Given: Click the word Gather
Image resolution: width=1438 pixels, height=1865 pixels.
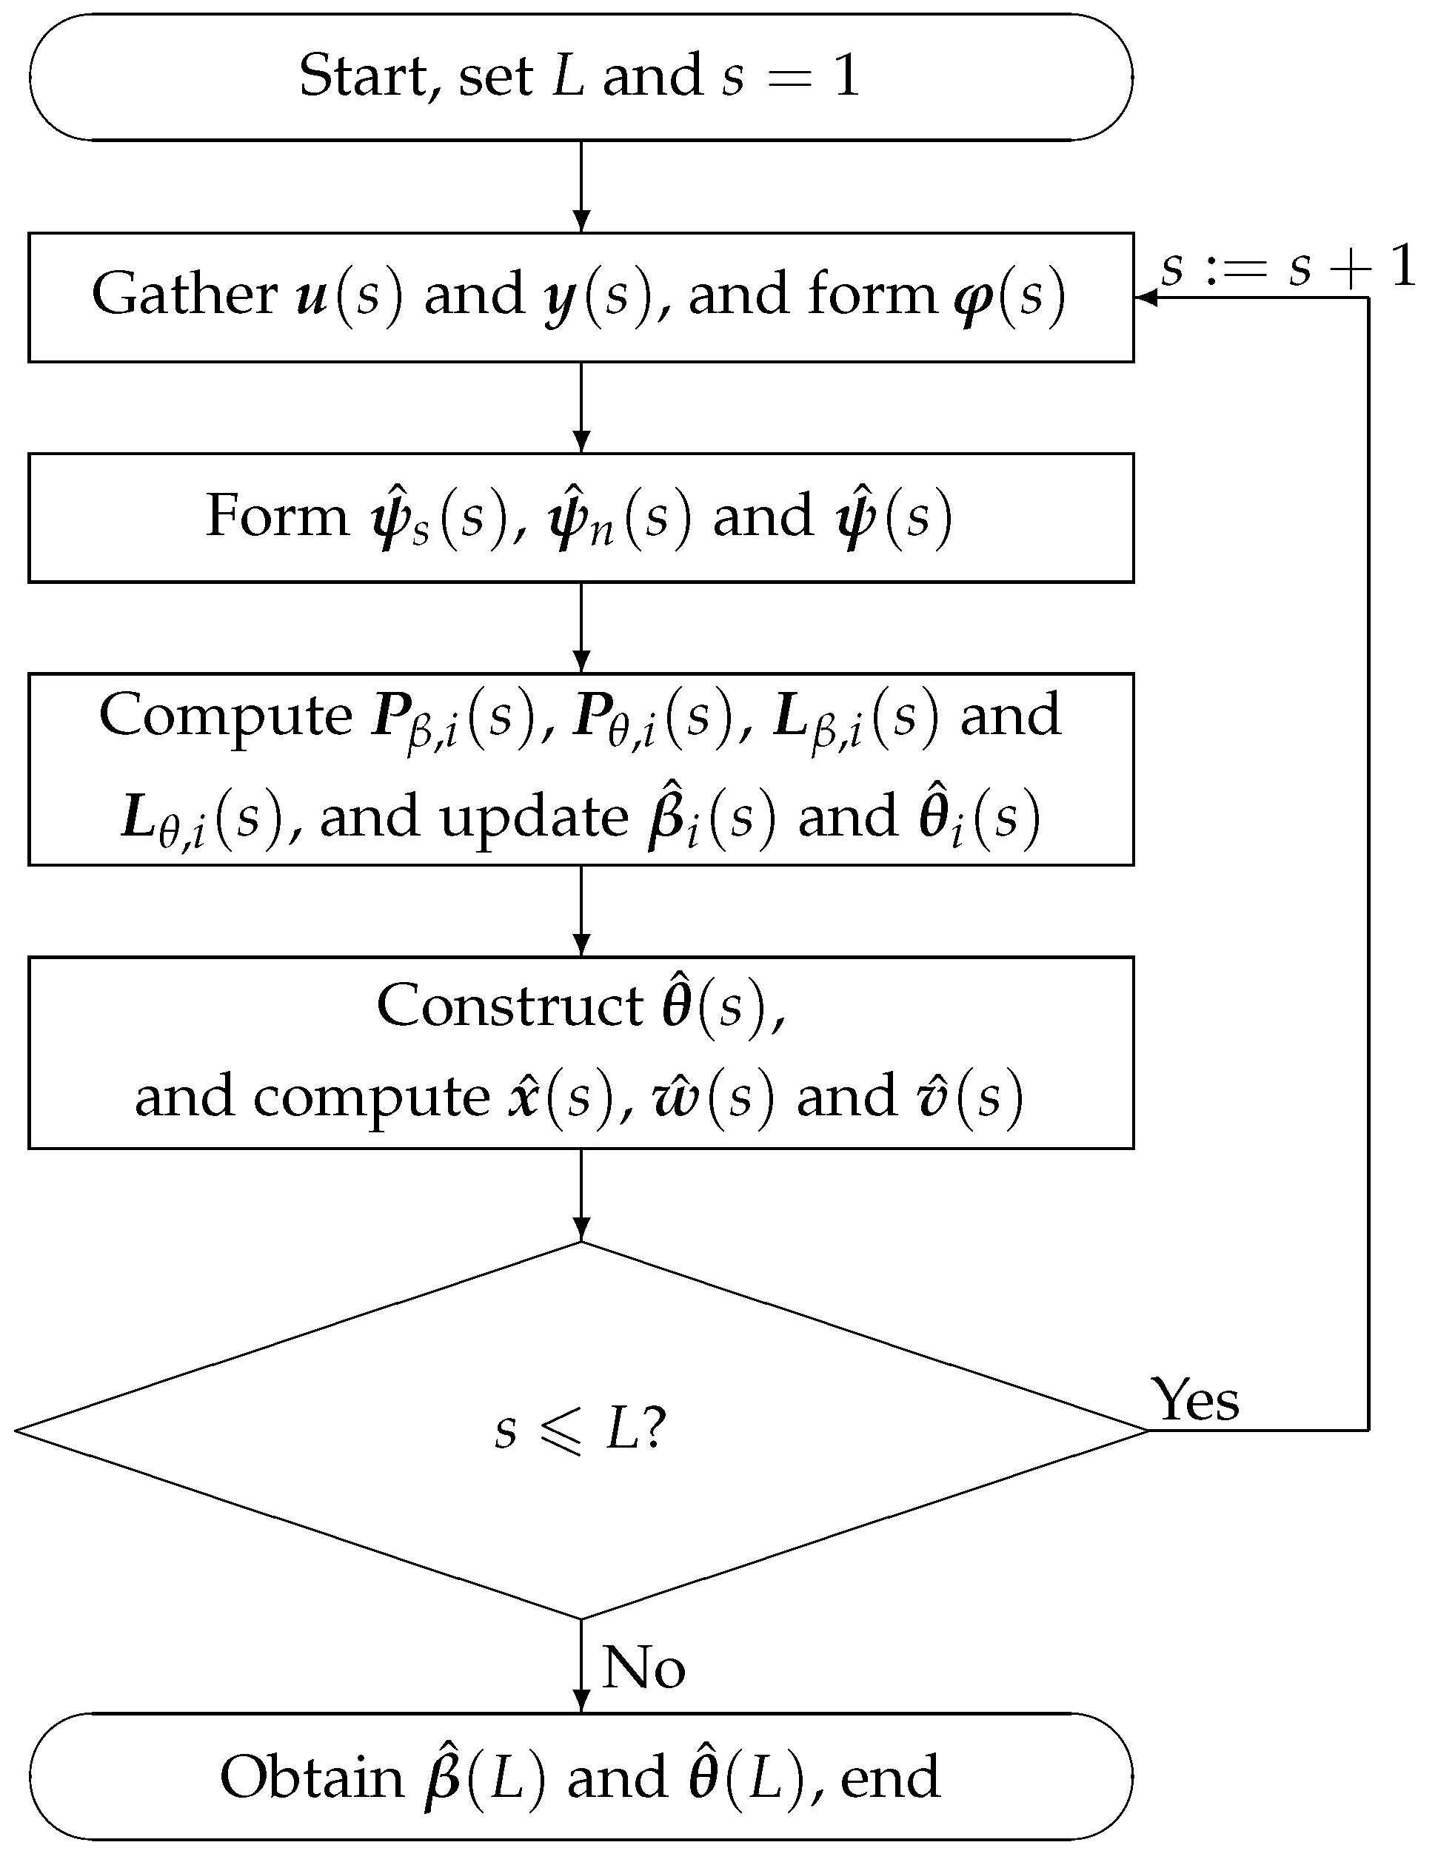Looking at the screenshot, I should point(184,295).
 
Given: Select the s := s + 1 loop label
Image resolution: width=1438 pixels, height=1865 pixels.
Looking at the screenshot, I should point(1288,266).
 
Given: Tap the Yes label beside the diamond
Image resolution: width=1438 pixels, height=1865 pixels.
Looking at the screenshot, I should point(1194,1400).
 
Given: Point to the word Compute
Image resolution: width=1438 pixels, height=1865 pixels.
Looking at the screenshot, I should point(224,716).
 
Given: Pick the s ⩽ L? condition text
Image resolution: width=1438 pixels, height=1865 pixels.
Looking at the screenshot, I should point(579,1430).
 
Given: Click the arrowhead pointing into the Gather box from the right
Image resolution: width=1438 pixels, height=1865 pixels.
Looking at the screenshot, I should point(1145,298).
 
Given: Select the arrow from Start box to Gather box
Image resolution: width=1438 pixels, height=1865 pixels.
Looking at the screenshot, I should point(581,186).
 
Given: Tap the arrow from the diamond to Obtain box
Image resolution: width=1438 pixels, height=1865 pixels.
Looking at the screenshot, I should point(581,1665).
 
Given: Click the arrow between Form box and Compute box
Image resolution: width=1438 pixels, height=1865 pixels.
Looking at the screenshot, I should point(581,628).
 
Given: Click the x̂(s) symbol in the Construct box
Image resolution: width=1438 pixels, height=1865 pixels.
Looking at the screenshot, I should point(561,1097).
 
